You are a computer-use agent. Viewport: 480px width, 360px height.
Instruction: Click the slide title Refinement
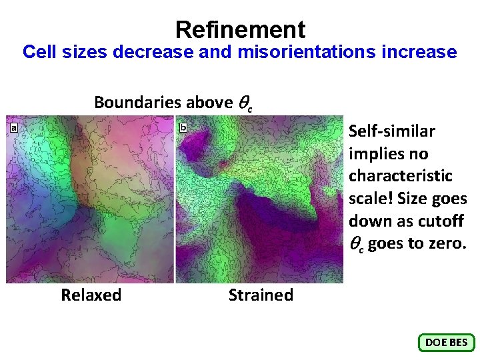(x=240, y=29)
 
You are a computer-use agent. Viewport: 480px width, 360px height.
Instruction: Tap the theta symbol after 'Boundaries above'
(x=243, y=103)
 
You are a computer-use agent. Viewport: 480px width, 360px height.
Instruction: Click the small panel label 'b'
(x=183, y=126)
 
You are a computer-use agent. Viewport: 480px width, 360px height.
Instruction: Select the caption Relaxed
(x=91, y=295)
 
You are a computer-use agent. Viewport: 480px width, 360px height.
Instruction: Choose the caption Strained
(x=261, y=295)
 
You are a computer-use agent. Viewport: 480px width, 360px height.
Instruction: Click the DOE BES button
(x=446, y=343)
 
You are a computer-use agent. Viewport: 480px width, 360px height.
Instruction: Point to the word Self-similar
(x=391, y=131)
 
